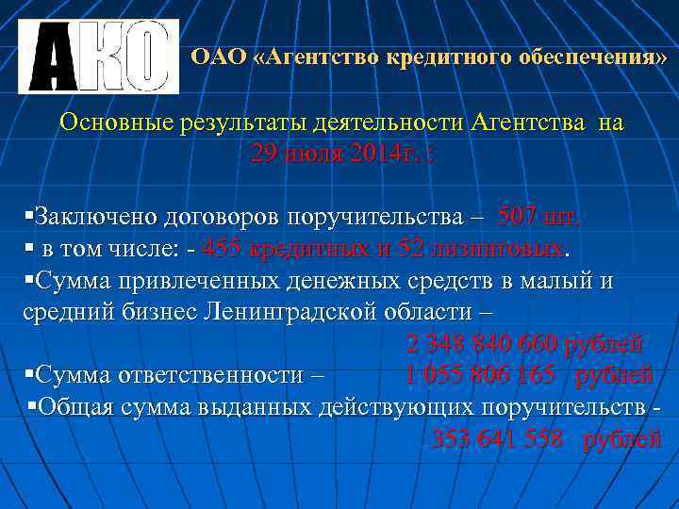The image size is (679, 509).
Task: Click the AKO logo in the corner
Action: pyautogui.click(x=98, y=57)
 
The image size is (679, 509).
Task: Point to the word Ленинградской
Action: pyautogui.click(x=288, y=312)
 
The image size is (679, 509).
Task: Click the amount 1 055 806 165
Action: pyautogui.click(x=480, y=375)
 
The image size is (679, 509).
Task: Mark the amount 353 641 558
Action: pyautogui.click(x=497, y=438)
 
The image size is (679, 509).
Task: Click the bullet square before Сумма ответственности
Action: pyautogui.click(x=28, y=374)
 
